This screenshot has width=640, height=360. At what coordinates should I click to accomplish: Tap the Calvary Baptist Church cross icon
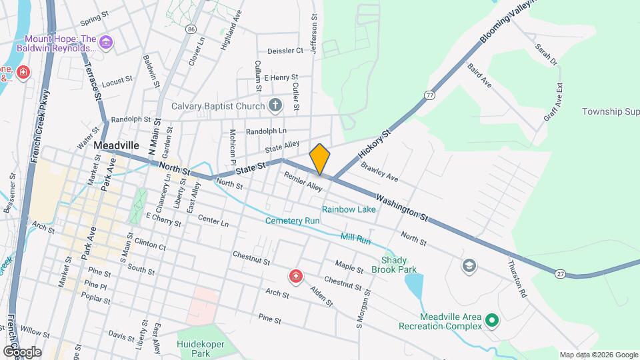[275, 105]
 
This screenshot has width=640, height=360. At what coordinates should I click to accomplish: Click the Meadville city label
[117, 145]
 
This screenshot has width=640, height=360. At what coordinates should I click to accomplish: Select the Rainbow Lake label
[349, 209]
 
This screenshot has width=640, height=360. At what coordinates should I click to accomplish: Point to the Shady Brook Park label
[399, 265]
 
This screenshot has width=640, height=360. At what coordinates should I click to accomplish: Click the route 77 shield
[430, 95]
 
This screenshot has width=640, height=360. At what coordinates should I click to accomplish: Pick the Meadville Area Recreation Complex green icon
[492, 321]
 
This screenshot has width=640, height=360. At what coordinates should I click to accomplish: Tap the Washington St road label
[401, 207]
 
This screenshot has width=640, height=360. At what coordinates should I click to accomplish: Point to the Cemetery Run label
[293, 221]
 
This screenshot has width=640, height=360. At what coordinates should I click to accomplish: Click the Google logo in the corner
[22, 351]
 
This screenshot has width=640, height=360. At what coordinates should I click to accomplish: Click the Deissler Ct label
[285, 50]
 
